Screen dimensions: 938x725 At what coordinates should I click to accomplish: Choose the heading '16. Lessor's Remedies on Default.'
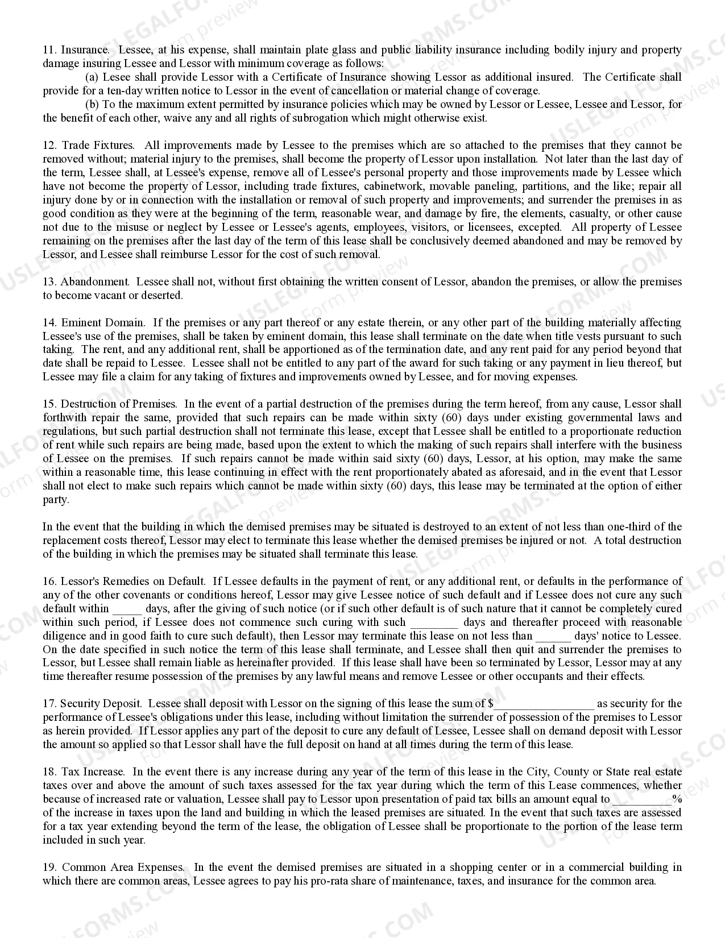click(x=124, y=582)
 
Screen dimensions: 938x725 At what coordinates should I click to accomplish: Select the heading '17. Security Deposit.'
click(x=92, y=704)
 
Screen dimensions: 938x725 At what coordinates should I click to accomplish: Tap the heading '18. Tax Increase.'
click(x=84, y=772)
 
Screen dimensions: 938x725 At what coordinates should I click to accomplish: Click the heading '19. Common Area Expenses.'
click(x=114, y=868)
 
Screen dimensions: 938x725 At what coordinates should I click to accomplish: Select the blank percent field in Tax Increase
click(x=641, y=799)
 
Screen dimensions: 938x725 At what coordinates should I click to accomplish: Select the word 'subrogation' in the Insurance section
click(x=320, y=118)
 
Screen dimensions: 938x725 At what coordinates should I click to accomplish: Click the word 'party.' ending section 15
click(x=56, y=500)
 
